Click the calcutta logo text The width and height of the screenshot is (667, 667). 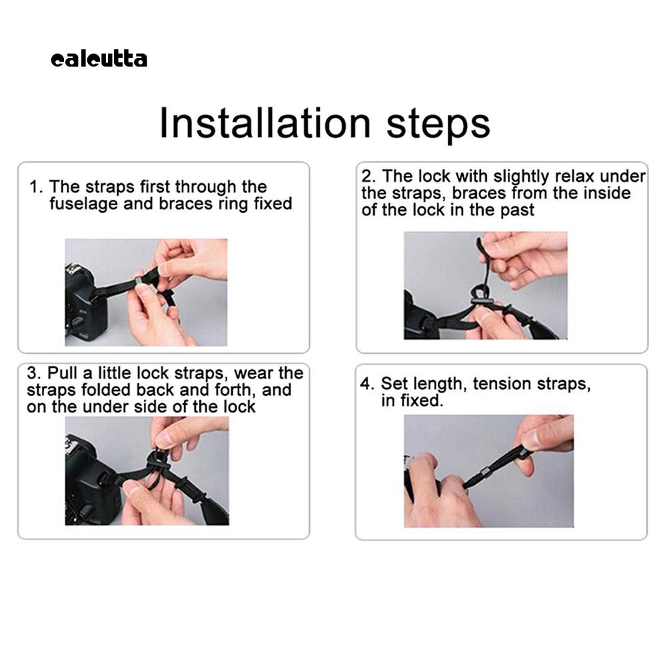click(99, 59)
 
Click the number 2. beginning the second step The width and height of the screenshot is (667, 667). click(368, 176)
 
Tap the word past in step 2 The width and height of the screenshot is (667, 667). click(517, 210)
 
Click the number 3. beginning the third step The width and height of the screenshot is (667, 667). click(34, 373)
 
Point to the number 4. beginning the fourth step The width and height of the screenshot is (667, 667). click(367, 384)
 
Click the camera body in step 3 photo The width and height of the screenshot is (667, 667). click(88, 480)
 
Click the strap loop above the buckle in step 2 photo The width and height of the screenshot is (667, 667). click(478, 293)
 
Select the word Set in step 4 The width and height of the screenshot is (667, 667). click(392, 384)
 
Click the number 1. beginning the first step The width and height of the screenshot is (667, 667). click(37, 187)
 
